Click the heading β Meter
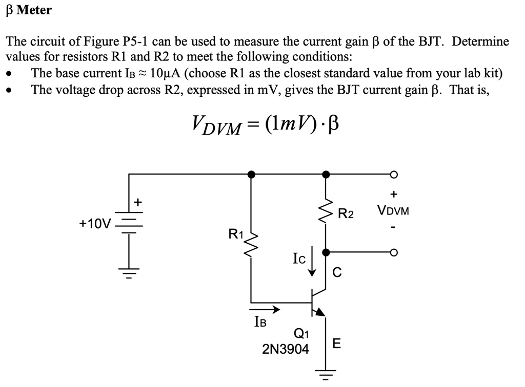pos(29,10)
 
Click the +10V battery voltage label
pos(95,223)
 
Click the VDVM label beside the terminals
pos(393,210)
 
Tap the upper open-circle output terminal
pos(393,175)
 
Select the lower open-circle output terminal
pos(393,252)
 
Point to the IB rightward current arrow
pos(265,309)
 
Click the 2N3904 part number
pos(286,350)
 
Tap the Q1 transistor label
pos(301,335)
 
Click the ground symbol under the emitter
pos(326,376)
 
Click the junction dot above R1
pos(251,175)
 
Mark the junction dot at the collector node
pos(326,252)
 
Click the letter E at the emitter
pos(336,343)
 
